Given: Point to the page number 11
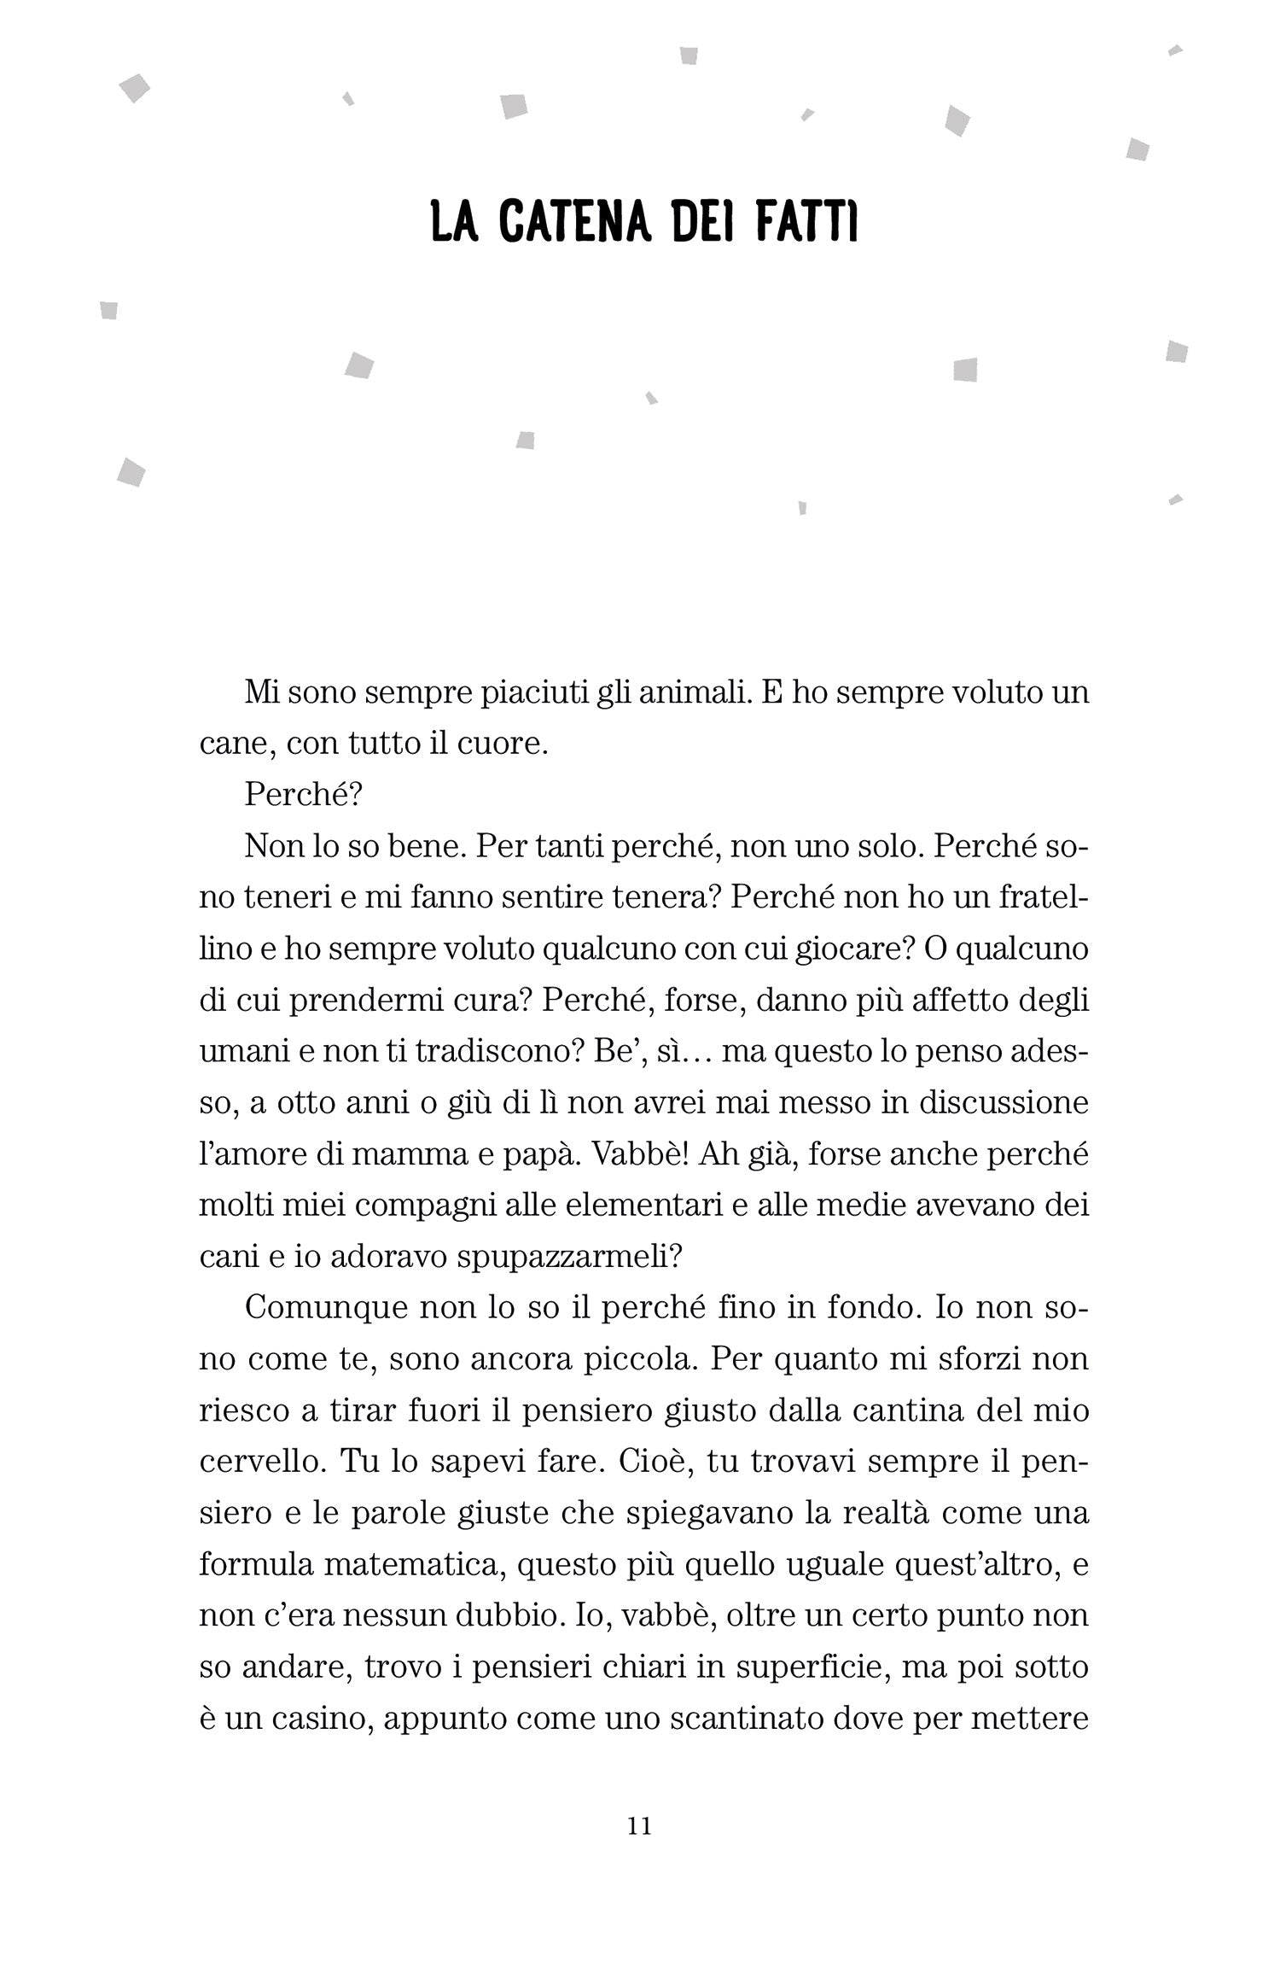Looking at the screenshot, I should (x=639, y=1826).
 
